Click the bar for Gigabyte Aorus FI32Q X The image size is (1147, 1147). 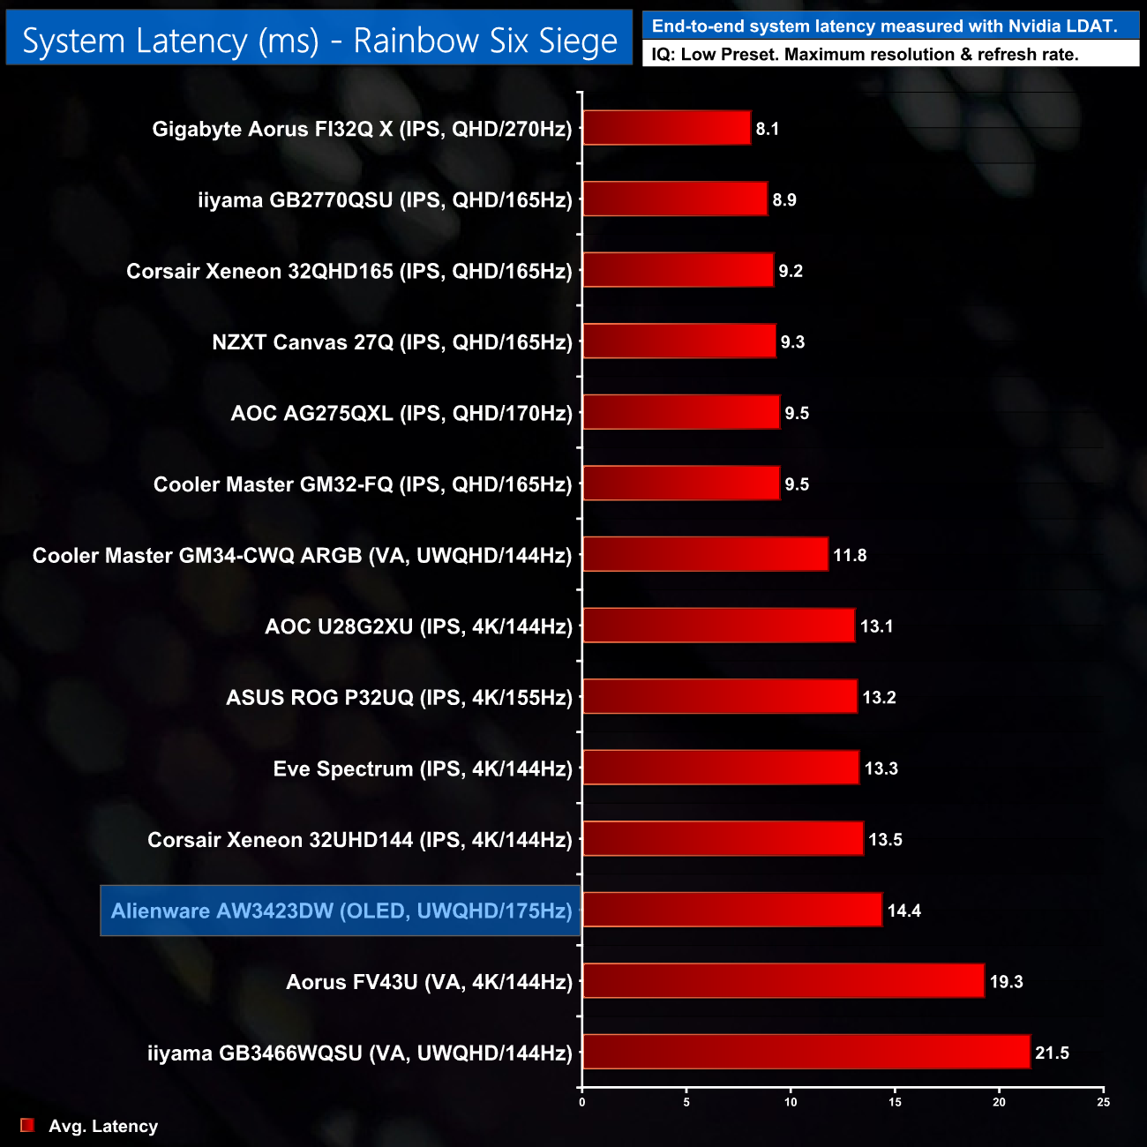tap(666, 128)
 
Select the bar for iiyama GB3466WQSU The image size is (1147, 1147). tap(806, 1052)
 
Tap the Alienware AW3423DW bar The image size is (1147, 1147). tap(732, 910)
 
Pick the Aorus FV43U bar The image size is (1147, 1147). tap(783, 981)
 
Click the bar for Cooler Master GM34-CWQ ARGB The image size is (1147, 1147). tap(705, 554)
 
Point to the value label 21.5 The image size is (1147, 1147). tap(1052, 1053)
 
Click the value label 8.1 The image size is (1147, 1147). tap(767, 129)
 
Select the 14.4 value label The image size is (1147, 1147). tap(903, 911)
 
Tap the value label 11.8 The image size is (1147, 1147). tap(850, 555)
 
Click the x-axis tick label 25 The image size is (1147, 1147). tap(1103, 1102)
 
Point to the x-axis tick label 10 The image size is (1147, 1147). tap(791, 1102)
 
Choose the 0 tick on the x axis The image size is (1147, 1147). tap(582, 1102)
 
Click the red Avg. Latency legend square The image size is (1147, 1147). tap(27, 1125)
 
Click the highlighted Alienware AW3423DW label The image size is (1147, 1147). tap(341, 911)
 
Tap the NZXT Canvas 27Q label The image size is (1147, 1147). tap(392, 342)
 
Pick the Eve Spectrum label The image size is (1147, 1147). tap(423, 768)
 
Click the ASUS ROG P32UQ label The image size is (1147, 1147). tap(399, 698)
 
